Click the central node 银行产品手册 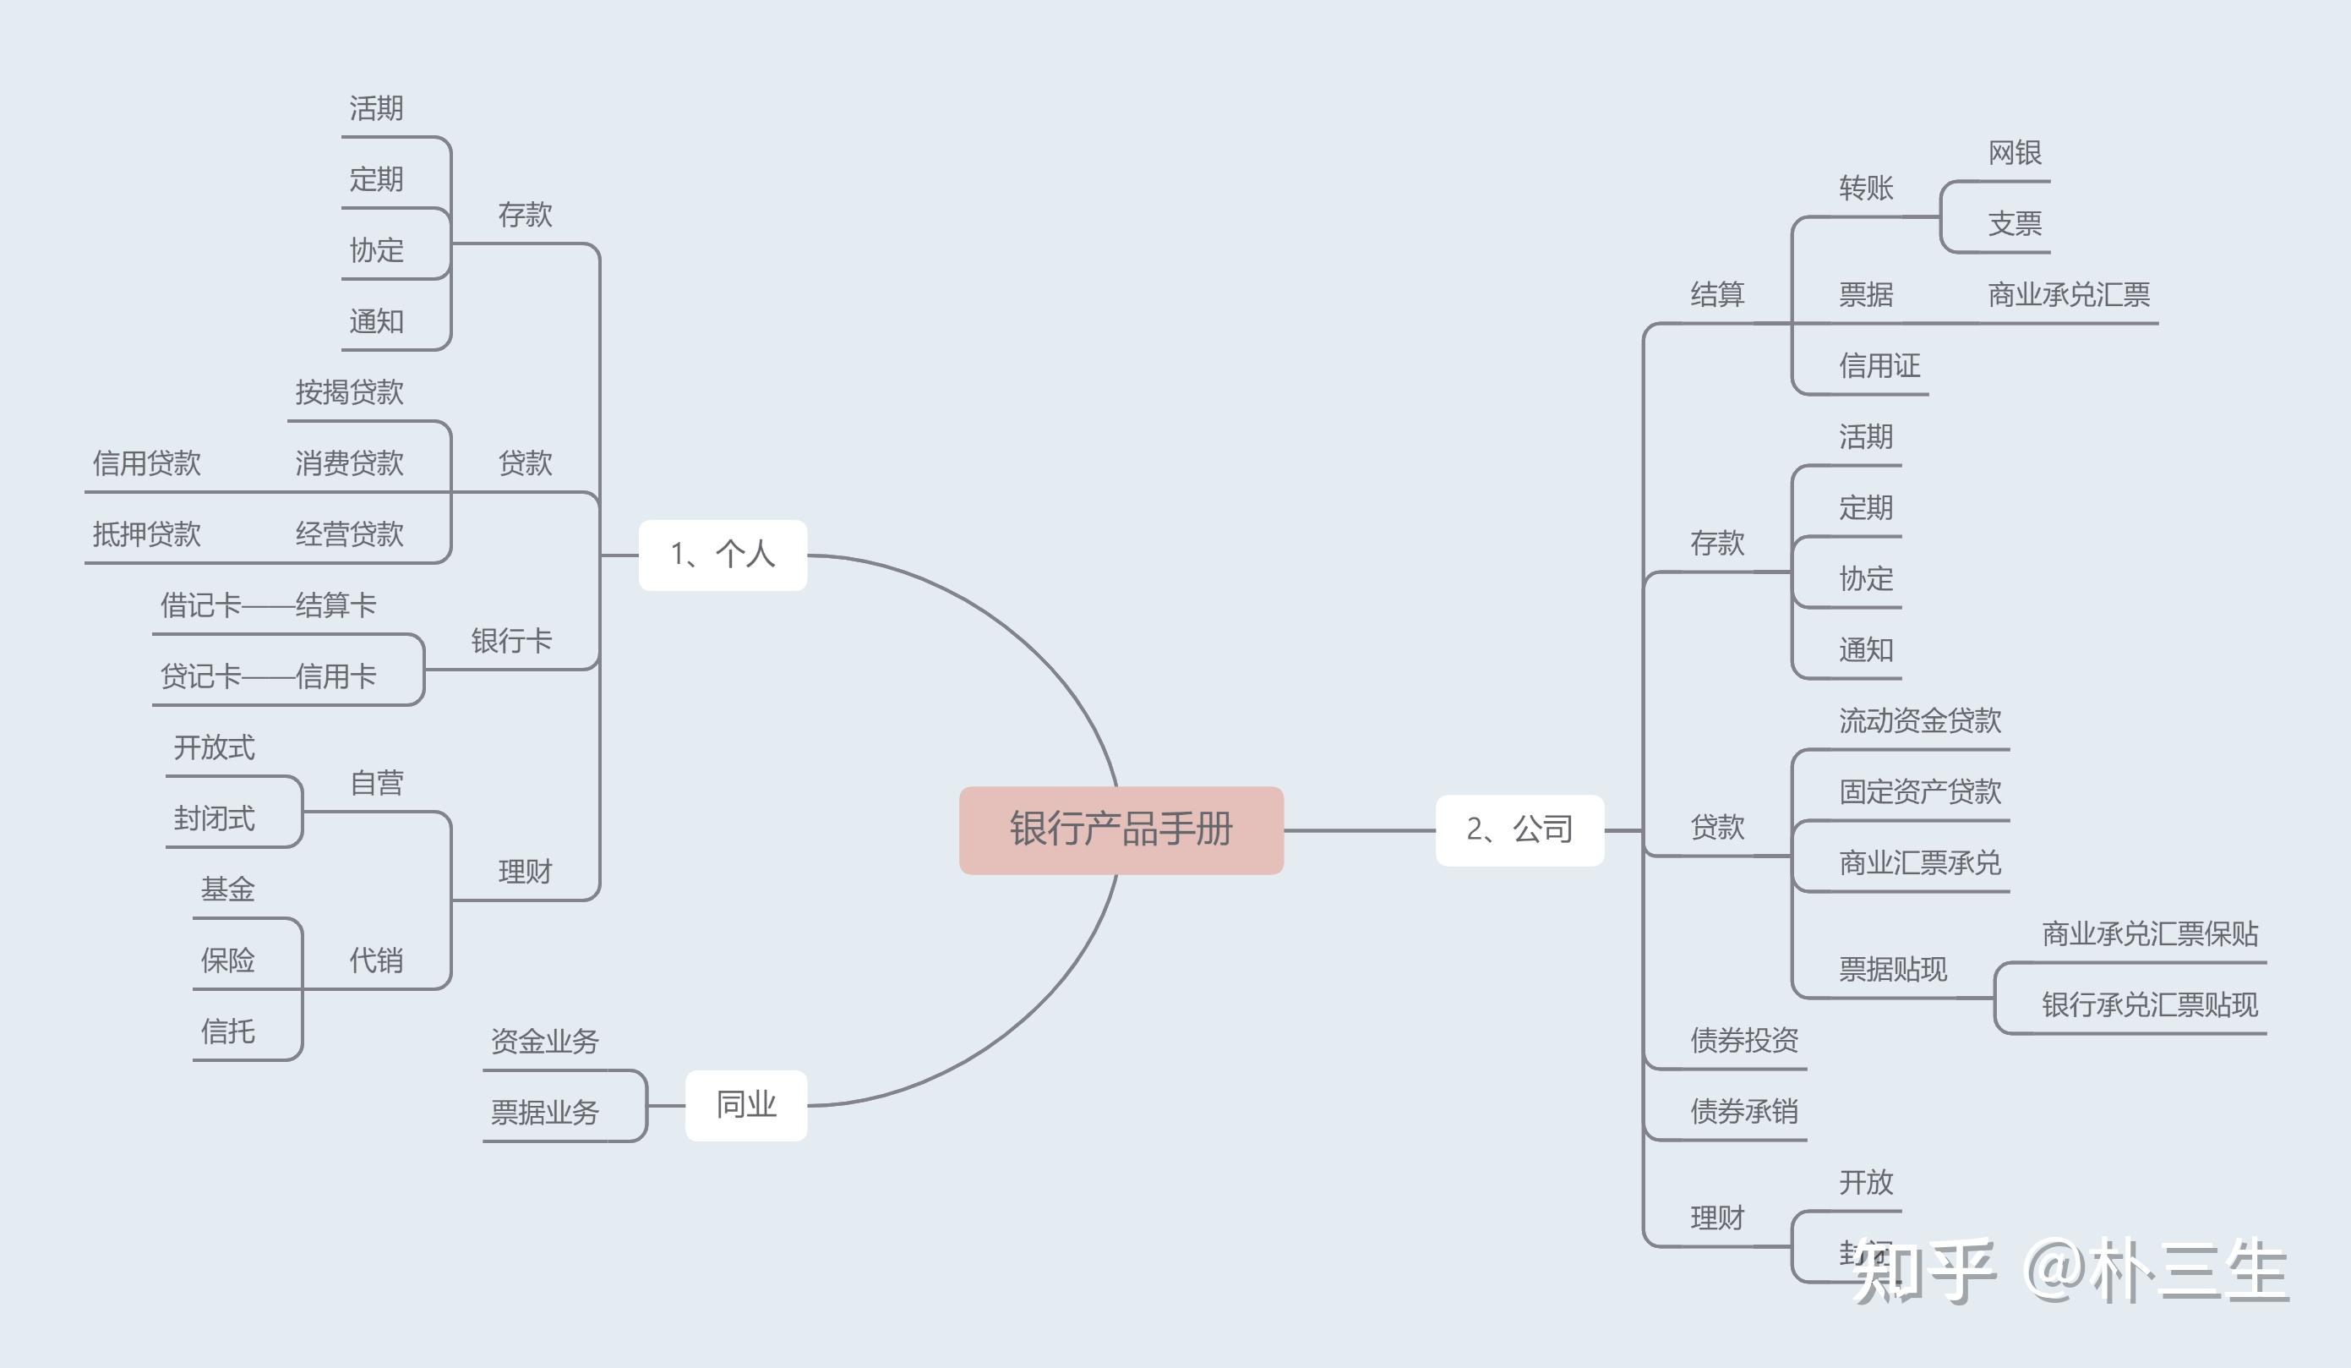1121,829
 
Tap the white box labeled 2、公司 1519,829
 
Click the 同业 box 745,1105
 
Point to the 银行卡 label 511,641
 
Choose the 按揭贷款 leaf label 349,392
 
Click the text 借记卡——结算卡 268,605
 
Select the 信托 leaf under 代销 227,1031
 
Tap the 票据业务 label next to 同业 545,1113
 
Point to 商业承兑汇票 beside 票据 2068,295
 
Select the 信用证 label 1879,366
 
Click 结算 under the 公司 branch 1716,295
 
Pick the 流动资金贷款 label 1920,720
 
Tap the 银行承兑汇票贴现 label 2150,1005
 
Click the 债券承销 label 1743,1111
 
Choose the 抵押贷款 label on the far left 146,534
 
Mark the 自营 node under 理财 376,783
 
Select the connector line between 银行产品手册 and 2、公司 1358,829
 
